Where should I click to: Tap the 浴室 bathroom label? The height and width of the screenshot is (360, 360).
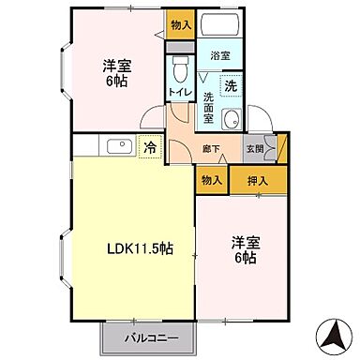point(219,56)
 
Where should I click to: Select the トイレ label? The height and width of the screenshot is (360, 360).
point(180,91)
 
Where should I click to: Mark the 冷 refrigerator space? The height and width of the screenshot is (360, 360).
point(149,146)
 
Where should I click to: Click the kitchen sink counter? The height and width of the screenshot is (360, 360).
point(120,146)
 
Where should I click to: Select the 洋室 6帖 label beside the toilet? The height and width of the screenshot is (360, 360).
point(115,73)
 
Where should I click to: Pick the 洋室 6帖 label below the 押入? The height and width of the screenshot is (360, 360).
point(247,249)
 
